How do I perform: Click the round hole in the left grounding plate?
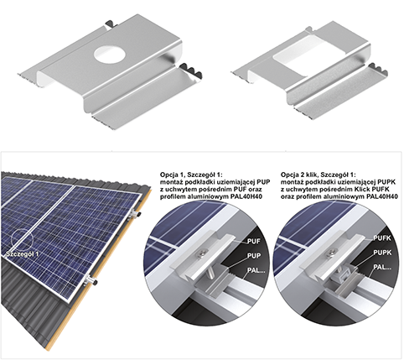pyautogui.click(x=109, y=54)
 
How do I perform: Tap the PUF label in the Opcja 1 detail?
pyautogui.click(x=254, y=242)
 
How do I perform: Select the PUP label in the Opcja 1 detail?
pyautogui.click(x=254, y=256)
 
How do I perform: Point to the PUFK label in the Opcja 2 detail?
pyautogui.click(x=382, y=238)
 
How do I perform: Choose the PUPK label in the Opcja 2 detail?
pyautogui.click(x=382, y=253)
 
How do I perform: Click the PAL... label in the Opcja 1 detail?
pyautogui.click(x=256, y=270)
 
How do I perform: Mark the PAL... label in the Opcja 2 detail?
pyautogui.click(x=382, y=267)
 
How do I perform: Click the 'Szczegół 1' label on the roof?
pyautogui.click(x=23, y=254)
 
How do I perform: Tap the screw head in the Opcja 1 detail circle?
pyautogui.click(x=201, y=253)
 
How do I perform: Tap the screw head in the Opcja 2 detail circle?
pyautogui.click(x=332, y=253)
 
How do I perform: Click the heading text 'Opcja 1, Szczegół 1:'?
pyautogui.click(x=191, y=175)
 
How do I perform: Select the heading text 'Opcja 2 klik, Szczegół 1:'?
pyautogui.click(x=319, y=175)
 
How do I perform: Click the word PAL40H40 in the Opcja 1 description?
pyautogui.click(x=246, y=196)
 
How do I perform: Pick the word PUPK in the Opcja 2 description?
pyautogui.click(x=386, y=182)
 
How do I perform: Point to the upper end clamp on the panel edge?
pyautogui.click(x=135, y=214)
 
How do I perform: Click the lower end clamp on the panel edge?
pyautogui.click(x=91, y=280)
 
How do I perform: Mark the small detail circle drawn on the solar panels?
pyautogui.click(x=22, y=240)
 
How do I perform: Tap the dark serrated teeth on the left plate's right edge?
pyautogui.click(x=191, y=70)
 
